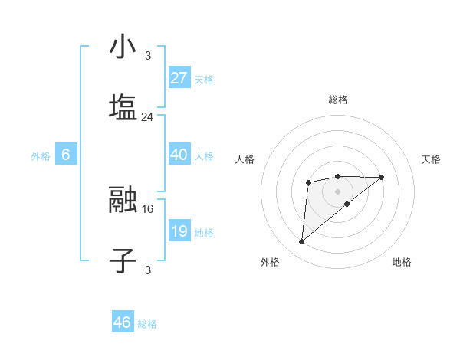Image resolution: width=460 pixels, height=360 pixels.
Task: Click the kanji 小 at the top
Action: pos(123,48)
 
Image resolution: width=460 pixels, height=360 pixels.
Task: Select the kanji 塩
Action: pos(123,107)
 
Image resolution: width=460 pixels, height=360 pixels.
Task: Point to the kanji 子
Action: pos(123,260)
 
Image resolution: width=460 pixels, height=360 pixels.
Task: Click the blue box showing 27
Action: pos(179,78)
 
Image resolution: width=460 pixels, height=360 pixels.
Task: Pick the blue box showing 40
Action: pos(179,155)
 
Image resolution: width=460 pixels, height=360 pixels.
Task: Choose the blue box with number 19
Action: pos(179,231)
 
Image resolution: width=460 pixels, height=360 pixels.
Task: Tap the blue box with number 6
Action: pos(66,155)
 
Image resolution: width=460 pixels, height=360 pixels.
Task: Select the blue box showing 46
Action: pos(123,322)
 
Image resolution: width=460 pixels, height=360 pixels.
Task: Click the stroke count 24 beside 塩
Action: pos(147,117)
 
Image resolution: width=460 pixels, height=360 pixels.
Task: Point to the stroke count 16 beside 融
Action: pos(147,208)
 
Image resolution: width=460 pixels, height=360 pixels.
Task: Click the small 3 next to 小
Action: pos(147,56)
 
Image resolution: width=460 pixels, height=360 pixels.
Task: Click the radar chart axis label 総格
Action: pos(338,100)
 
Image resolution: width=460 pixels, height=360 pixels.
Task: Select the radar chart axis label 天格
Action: pos(431,159)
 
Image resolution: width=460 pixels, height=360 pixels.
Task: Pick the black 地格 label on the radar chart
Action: pos(402,262)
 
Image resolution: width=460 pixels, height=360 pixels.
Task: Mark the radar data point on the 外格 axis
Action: pos(301,242)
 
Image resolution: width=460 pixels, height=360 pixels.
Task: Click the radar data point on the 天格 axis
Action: pos(382,177)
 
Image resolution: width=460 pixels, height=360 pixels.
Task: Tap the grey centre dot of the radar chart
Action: pos(337,191)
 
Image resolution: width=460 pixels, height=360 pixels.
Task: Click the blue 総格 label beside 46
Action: pos(147,324)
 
